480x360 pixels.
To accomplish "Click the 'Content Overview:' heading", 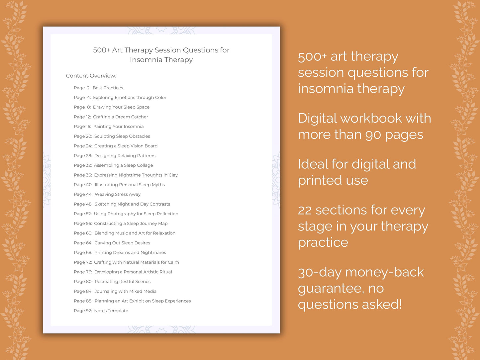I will click(x=91, y=76).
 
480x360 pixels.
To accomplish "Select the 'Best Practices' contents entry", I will click(x=108, y=88).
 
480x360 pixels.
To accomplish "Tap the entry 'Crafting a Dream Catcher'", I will click(x=120, y=117).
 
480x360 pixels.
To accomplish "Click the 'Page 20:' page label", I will click(x=83, y=136).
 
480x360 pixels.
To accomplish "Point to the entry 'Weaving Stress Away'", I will click(x=118, y=194).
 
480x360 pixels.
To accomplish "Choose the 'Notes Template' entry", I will click(x=111, y=311).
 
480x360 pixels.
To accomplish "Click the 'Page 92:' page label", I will click(x=83, y=311).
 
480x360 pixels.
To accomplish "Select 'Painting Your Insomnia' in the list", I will click(x=118, y=127).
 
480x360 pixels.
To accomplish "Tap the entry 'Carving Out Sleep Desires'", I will click(x=122, y=243).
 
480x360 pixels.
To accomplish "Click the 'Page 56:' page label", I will click(x=83, y=224).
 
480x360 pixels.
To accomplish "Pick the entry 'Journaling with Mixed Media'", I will click(x=125, y=291).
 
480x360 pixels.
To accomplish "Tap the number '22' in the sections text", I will click(x=305, y=210).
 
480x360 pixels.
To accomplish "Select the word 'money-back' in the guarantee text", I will click(x=384, y=272).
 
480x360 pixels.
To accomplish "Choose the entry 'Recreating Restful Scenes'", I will click(x=122, y=282).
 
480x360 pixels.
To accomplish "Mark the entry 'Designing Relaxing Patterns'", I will click(x=125, y=156).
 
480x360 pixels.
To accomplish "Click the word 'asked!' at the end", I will click(x=382, y=304).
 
